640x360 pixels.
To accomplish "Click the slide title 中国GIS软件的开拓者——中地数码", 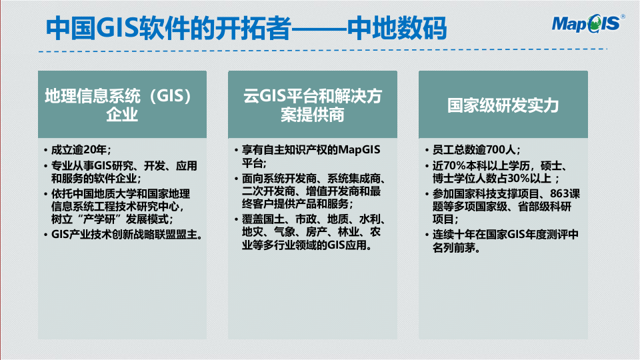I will click(x=246, y=28).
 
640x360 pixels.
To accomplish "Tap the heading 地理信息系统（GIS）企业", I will click(x=122, y=105).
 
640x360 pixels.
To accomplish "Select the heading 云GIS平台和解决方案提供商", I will click(x=312, y=105).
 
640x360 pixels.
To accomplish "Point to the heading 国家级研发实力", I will click(x=503, y=105).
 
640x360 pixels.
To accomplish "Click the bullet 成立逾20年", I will click(x=81, y=150).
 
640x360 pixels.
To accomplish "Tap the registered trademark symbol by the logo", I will click(x=623, y=17).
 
